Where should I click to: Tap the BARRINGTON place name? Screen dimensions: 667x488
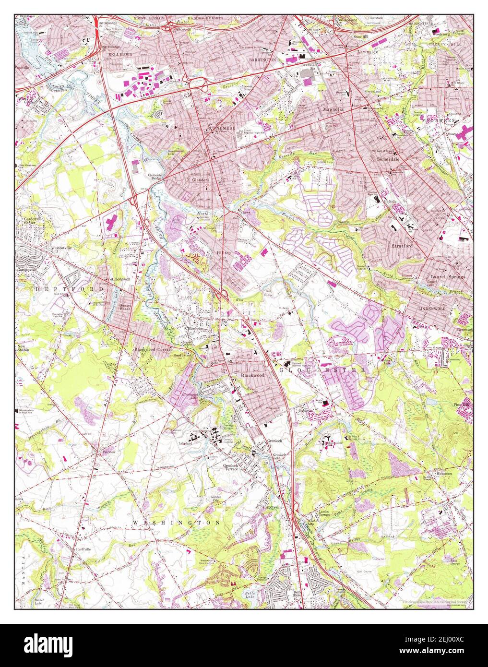coord(262,60)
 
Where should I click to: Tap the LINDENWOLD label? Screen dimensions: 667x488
coord(431,309)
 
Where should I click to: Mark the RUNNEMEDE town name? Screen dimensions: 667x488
coord(220,129)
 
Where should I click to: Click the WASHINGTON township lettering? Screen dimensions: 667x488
coord(176,522)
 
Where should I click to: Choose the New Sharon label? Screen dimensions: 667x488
coord(23,348)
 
